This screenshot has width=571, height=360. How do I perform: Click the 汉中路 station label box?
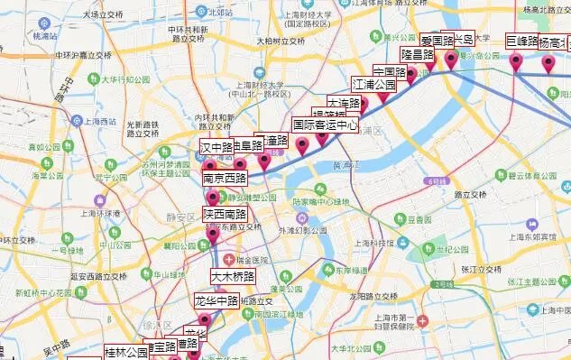[216, 145]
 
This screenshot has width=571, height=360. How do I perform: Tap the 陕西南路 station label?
[225, 215]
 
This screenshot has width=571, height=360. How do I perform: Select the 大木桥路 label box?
[233, 276]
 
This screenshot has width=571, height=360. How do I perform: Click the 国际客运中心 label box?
[325, 125]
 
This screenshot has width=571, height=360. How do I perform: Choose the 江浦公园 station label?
[374, 85]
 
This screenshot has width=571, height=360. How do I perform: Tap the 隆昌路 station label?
[418, 55]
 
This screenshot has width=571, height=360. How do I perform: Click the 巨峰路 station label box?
[521, 42]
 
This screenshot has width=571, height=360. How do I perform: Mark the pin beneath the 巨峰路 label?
[516, 61]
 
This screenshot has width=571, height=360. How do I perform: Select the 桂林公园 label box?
[125, 352]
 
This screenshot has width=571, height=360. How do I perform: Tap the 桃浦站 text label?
[45, 36]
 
